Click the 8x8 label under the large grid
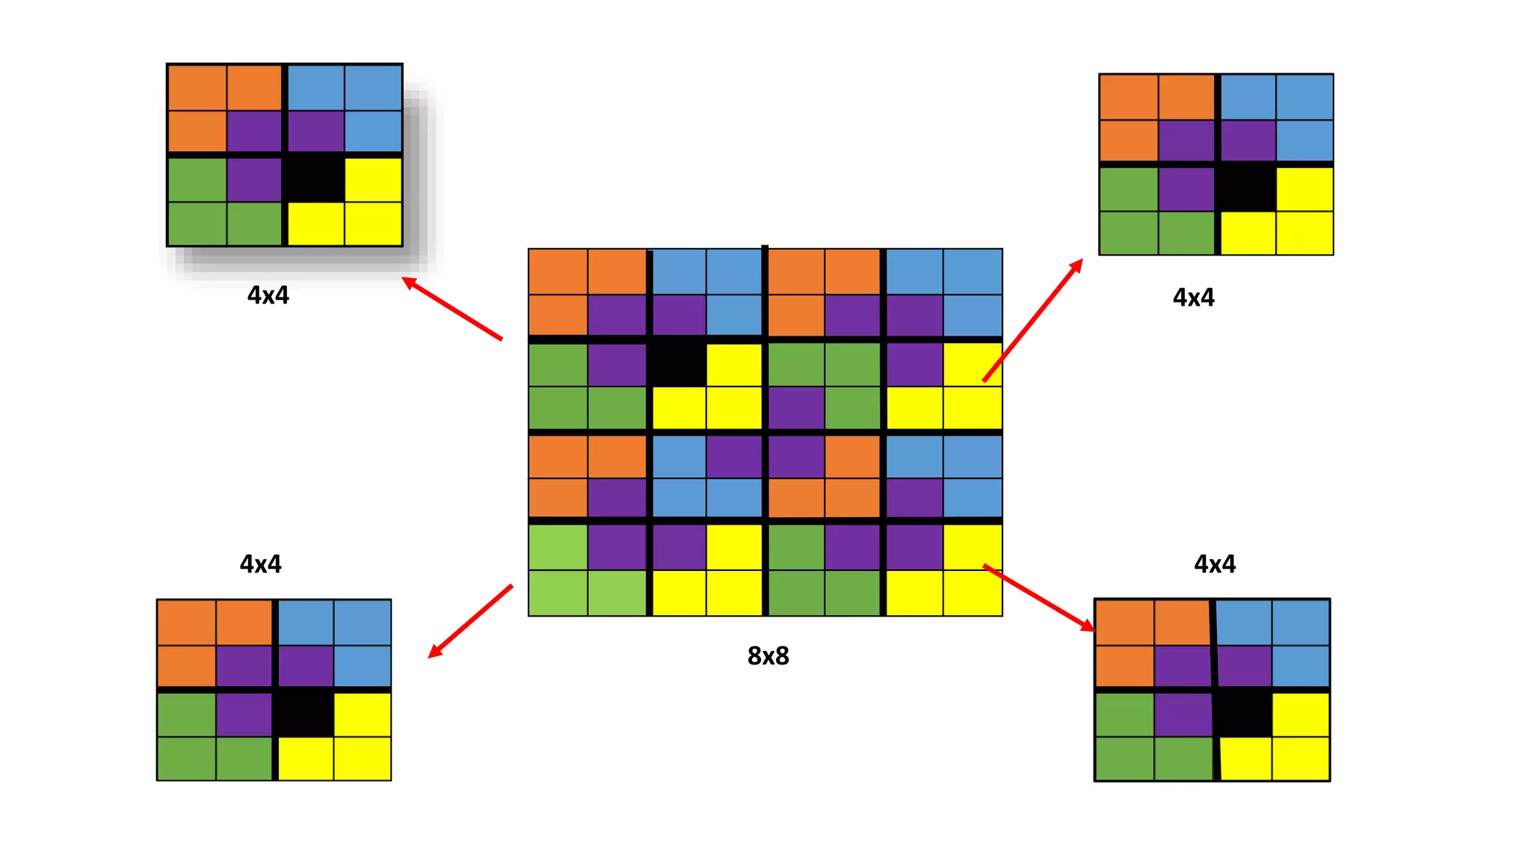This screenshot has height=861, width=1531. [x=768, y=655]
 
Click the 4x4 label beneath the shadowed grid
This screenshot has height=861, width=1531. [x=268, y=295]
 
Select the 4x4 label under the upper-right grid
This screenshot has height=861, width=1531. [x=1193, y=297]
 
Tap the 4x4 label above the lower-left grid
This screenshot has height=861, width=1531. [x=260, y=564]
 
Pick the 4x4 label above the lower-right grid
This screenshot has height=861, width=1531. [x=1214, y=564]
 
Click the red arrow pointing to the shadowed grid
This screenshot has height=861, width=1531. [x=452, y=308]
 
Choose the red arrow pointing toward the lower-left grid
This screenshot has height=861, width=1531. [x=470, y=621]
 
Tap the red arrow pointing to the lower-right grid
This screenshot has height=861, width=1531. [x=1039, y=598]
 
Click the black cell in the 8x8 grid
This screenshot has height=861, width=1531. [x=677, y=363]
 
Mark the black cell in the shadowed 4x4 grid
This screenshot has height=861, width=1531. [x=315, y=178]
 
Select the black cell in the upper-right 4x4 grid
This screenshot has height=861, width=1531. [x=1246, y=188]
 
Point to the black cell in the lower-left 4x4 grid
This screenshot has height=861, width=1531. [x=304, y=714]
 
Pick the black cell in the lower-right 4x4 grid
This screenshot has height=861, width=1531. [x=1243, y=713]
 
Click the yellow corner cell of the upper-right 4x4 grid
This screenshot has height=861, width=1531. [x=1304, y=233]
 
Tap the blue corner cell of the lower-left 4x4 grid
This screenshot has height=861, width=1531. [x=363, y=623]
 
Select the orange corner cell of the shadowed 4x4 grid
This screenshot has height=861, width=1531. [x=197, y=87]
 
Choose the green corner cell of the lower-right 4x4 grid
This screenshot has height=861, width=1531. [x=1124, y=759]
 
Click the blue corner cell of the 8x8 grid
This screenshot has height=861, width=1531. [x=973, y=271]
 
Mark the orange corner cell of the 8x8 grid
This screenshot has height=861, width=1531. [x=558, y=271]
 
